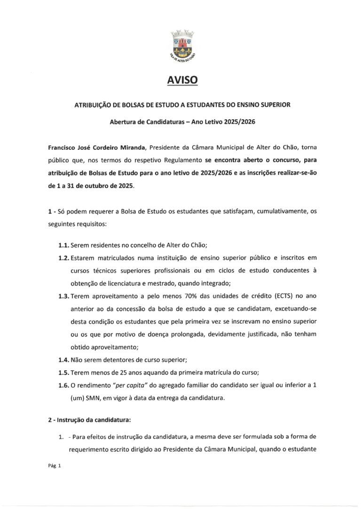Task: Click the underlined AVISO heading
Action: pyautogui.click(x=182, y=81)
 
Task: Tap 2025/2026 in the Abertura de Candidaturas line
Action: pyautogui.click(x=238, y=121)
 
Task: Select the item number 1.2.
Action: pyautogui.click(x=63, y=258)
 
